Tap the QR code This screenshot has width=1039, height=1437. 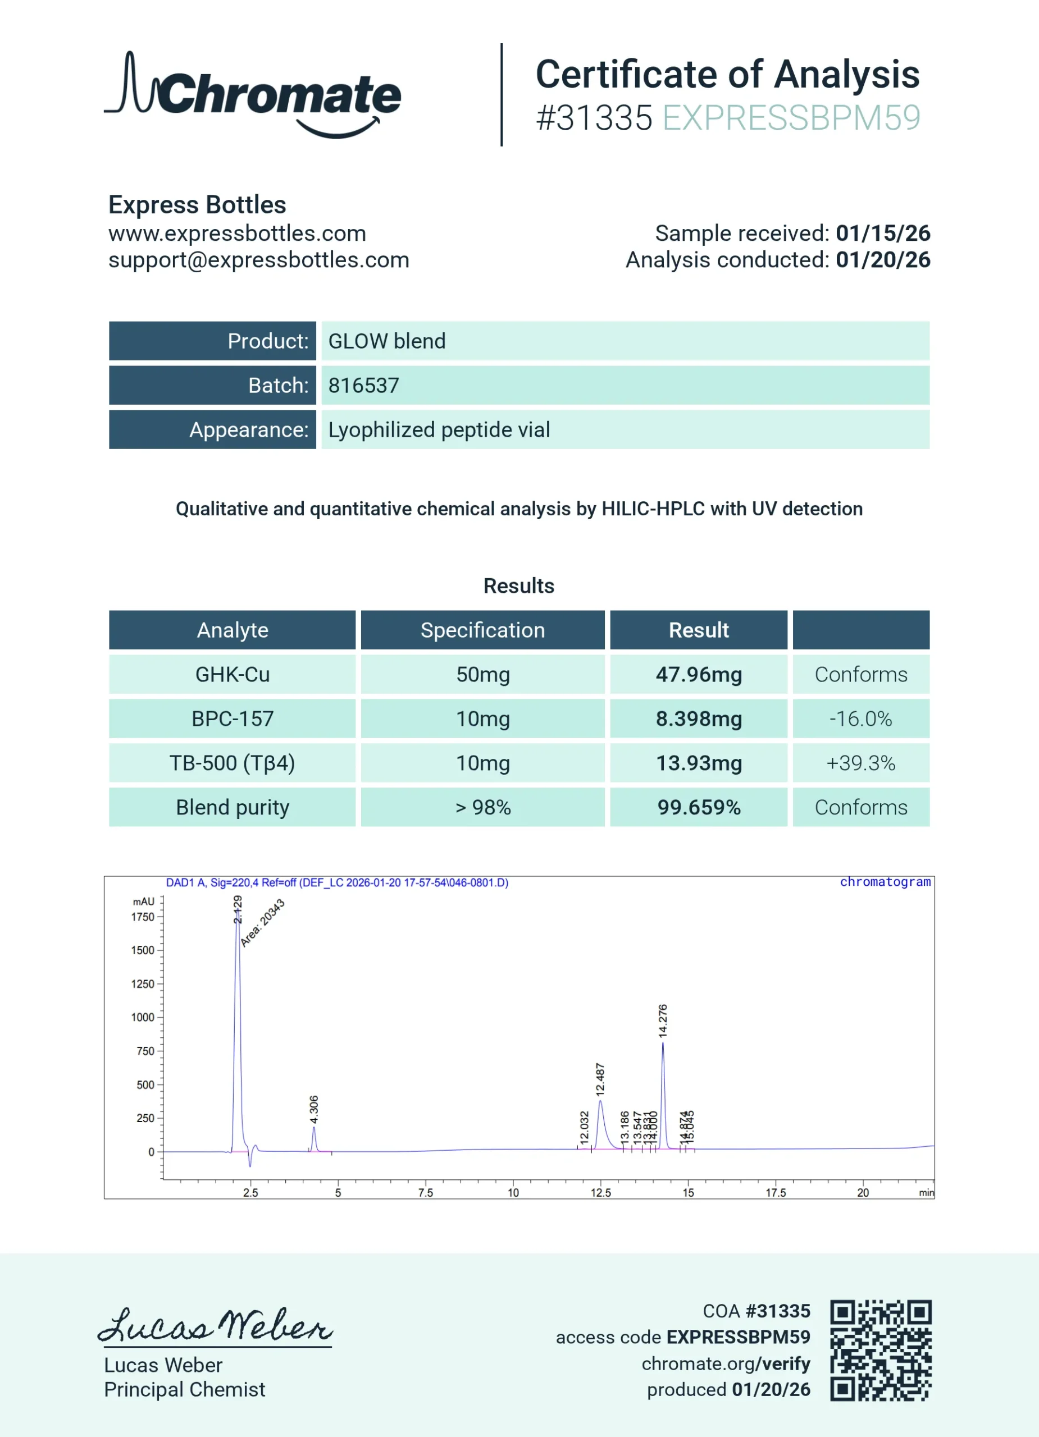click(881, 1349)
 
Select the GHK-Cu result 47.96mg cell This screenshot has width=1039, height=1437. click(699, 674)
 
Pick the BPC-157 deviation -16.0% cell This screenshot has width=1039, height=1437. click(860, 718)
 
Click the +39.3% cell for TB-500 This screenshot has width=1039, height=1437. click(860, 763)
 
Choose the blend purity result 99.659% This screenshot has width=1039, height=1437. click(699, 807)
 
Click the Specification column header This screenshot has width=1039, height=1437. click(482, 630)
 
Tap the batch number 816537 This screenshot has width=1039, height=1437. click(364, 385)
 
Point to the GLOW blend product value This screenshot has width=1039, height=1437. click(387, 341)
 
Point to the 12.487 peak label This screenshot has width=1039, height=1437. click(600, 1079)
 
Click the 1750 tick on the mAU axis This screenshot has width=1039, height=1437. click(143, 917)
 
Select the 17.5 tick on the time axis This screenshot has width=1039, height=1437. click(775, 1192)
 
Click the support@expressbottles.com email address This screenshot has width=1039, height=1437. click(259, 260)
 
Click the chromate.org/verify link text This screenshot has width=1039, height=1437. click(726, 1363)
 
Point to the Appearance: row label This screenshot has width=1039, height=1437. click(248, 429)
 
